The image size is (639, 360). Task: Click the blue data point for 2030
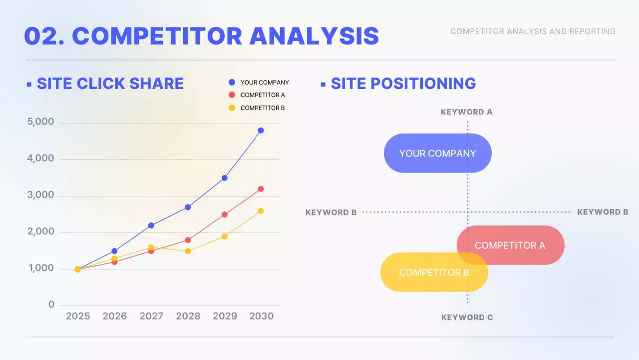[261, 130]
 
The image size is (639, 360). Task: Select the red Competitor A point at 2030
[261, 189]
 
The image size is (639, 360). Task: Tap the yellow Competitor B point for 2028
[188, 251]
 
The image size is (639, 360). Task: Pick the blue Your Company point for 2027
[151, 225]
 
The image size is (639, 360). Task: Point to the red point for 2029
[225, 214]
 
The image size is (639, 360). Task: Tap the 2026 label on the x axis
[115, 316]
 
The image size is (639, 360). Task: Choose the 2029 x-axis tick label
[225, 316]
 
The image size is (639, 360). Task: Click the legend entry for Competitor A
[263, 95]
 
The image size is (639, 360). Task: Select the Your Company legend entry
[265, 82]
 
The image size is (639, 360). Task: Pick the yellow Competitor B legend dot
[232, 107]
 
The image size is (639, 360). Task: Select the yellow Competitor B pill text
[434, 272]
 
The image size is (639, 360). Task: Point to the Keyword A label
[467, 112]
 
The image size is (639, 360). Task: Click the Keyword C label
[467, 317]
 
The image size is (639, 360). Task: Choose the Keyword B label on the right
[603, 212]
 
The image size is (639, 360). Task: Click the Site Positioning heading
[403, 83]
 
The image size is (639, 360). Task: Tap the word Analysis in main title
[314, 36]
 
